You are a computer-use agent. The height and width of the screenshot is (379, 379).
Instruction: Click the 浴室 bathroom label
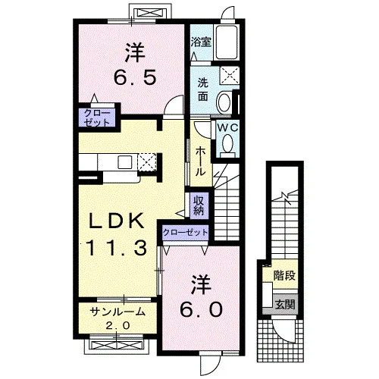pyautogui.click(x=201, y=42)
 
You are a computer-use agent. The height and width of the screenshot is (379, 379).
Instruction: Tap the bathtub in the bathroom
pyautogui.click(x=227, y=42)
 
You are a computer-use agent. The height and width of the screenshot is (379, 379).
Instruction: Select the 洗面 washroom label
pyautogui.click(x=202, y=89)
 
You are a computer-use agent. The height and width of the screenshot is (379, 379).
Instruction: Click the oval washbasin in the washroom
pyautogui.click(x=224, y=103)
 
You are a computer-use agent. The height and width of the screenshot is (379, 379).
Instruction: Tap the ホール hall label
pyautogui.click(x=200, y=161)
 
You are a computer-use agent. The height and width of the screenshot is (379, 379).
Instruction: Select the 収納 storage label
pyautogui.click(x=199, y=205)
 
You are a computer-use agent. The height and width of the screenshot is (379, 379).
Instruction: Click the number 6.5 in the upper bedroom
pyautogui.click(x=135, y=77)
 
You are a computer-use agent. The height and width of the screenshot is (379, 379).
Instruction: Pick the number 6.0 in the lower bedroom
pyautogui.click(x=201, y=310)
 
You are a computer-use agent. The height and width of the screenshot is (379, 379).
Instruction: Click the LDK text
pyautogui.click(x=116, y=221)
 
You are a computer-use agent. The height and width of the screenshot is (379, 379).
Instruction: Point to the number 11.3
pyautogui.click(x=117, y=248)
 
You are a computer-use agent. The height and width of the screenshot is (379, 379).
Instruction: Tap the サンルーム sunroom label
pyautogui.click(x=117, y=312)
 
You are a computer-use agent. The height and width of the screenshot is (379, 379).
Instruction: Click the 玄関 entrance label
pyautogui.click(x=285, y=305)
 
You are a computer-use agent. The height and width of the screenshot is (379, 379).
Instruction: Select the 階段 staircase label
pyautogui.click(x=285, y=275)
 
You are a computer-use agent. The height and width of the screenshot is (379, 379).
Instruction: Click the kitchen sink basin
pyautogui.click(x=124, y=162)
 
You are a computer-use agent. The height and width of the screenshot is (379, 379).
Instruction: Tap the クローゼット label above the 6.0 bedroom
pyautogui.click(x=186, y=232)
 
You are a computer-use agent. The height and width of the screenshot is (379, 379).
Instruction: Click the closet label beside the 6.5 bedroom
pyautogui.click(x=97, y=117)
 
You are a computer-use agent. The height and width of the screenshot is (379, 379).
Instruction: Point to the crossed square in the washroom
pyautogui.click(x=229, y=75)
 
